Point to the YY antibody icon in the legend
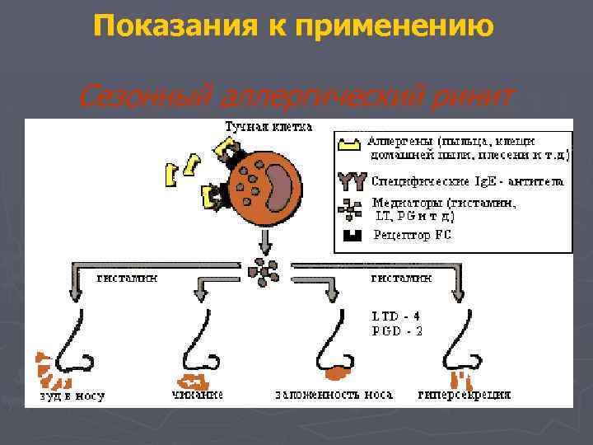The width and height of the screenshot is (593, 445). point(351,179)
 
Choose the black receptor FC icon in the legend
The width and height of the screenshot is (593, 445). point(352,235)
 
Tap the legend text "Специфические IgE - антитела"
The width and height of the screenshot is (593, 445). point(467,179)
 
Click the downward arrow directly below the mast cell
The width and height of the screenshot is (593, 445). point(264,241)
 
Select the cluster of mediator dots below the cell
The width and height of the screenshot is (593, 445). point(266,271)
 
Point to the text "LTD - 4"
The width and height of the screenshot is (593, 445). point(397,316)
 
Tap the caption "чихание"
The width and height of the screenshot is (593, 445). point(198,396)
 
